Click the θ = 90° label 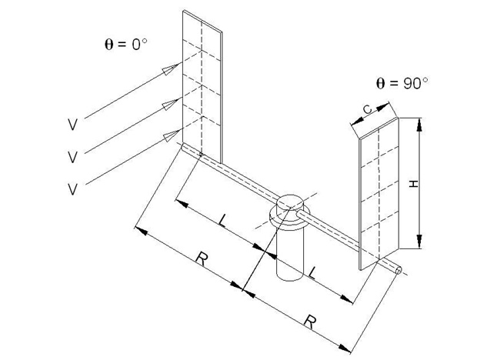click(399, 85)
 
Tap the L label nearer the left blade click(222, 222)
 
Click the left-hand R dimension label click(201, 258)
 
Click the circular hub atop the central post click(291, 204)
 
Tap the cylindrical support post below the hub click(291, 258)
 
